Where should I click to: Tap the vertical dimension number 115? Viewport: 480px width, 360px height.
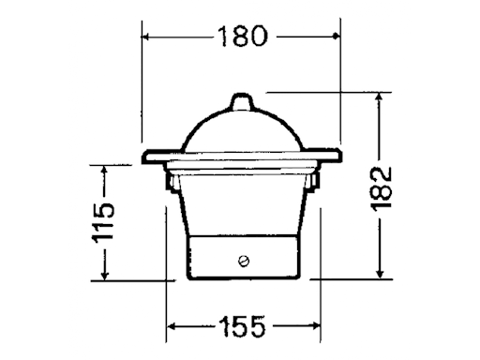(x=104, y=221)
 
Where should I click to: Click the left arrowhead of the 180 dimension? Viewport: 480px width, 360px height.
(x=147, y=37)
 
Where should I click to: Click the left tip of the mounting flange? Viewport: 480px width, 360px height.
(x=142, y=158)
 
